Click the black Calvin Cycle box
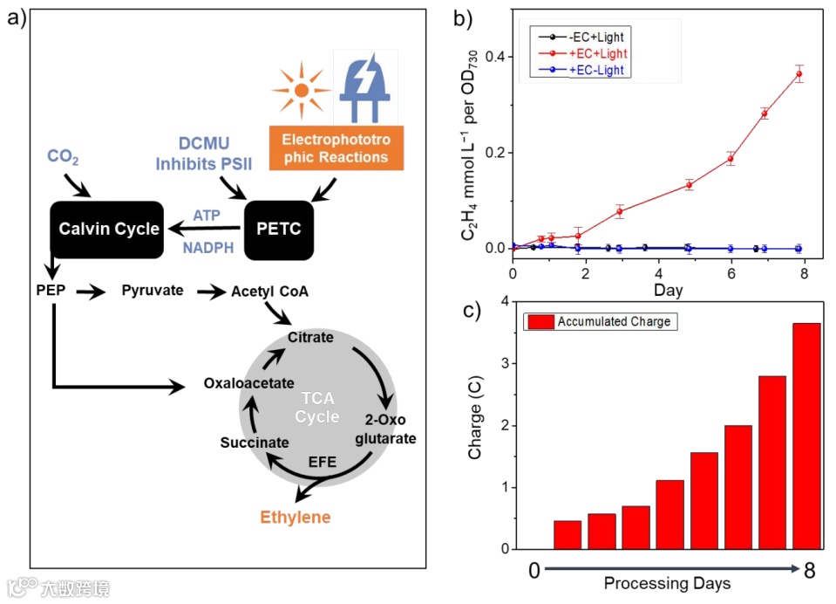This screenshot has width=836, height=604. tap(108, 230)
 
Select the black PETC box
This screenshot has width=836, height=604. tap(278, 230)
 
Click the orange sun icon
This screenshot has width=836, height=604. tap(300, 89)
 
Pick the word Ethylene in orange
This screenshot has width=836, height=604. tap(296, 517)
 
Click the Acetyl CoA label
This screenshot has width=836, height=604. tap(269, 291)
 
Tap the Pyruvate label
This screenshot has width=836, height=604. tap(153, 291)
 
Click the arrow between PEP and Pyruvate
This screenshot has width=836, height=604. tap(90, 292)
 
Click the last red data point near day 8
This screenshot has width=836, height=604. tap(799, 74)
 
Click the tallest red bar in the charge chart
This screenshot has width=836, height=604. tap(806, 436)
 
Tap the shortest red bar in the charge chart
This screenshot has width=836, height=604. tap(568, 535)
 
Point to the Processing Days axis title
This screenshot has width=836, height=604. tap(668, 582)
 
